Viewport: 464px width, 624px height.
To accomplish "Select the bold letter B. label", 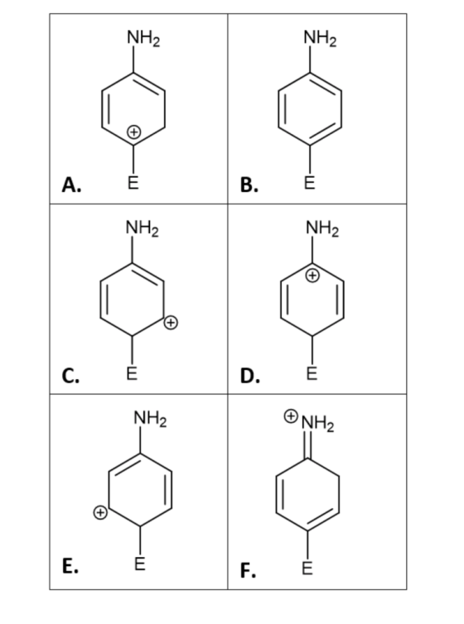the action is [249, 185].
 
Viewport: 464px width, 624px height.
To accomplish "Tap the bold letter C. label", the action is [71, 375].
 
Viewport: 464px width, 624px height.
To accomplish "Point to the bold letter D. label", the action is [250, 375].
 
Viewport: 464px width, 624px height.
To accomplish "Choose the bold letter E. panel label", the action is [70, 566].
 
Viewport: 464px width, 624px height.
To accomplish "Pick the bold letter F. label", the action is [248, 570].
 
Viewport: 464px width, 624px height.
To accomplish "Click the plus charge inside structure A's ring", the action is [134, 131].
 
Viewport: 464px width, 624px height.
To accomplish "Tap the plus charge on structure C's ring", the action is [171, 322].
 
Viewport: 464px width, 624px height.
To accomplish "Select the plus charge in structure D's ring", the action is [312, 275].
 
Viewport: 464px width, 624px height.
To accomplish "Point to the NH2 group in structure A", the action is [143, 39].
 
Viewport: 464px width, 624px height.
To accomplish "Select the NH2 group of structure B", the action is [320, 39].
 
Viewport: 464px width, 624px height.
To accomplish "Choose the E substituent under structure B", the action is [309, 184].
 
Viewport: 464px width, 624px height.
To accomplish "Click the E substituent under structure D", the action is [312, 374].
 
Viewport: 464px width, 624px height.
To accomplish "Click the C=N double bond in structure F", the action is [307, 445].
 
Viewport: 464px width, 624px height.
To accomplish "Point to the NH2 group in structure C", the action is [143, 229].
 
